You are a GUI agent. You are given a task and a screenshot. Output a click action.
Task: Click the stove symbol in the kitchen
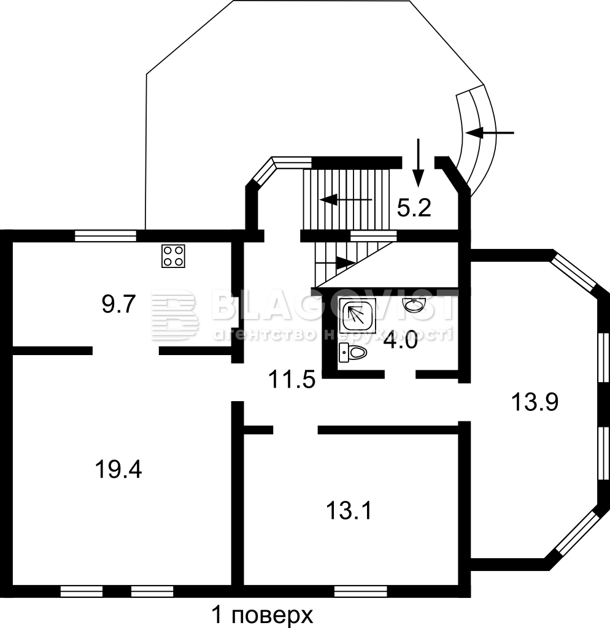click(173, 256)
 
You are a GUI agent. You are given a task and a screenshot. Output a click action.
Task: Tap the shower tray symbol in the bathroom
click(358, 315)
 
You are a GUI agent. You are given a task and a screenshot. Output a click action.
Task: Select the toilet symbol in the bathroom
click(353, 353)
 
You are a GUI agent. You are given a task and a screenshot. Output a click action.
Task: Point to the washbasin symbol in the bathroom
click(414, 305)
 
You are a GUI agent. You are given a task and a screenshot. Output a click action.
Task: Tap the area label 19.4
click(118, 469)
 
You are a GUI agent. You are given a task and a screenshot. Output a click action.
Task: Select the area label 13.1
click(349, 511)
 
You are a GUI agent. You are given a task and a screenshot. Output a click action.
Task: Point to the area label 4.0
click(400, 342)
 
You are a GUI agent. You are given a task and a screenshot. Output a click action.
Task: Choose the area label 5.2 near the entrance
click(414, 208)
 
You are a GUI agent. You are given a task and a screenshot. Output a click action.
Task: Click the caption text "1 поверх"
click(262, 615)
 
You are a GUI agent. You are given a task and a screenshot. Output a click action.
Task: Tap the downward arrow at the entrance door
click(418, 163)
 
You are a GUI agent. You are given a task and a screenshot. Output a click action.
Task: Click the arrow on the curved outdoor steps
click(489, 132)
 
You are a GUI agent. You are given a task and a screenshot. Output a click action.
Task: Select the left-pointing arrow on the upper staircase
click(346, 199)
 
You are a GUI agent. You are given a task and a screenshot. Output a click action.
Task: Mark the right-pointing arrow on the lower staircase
click(336, 262)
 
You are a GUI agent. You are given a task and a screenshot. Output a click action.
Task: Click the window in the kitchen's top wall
click(106, 235)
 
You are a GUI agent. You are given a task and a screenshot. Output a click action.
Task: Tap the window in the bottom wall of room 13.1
click(361, 591)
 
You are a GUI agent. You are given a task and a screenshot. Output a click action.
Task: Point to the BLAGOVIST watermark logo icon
click(175, 315)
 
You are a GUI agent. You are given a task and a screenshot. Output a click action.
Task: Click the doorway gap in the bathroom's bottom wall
click(400, 375)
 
